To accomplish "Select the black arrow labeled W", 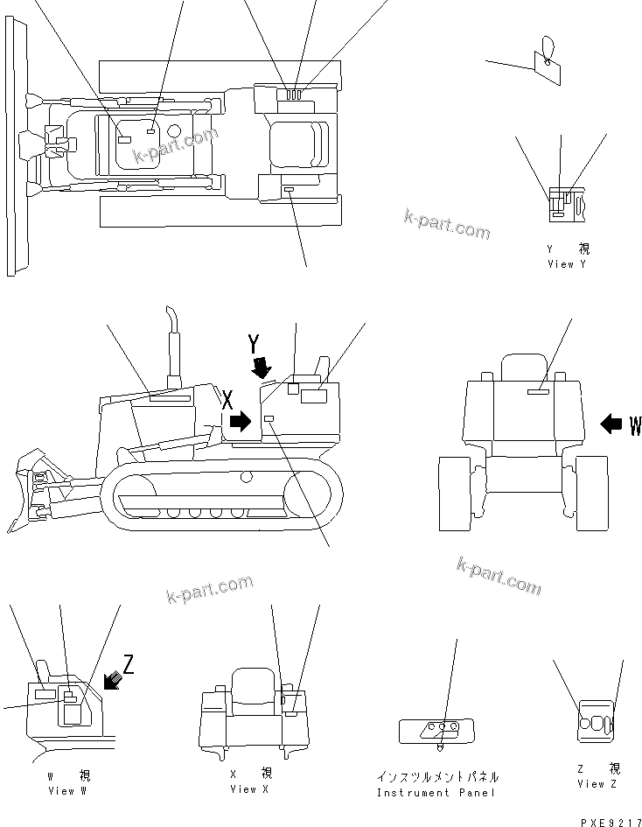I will point(613,425).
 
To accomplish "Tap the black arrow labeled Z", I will point(112,678).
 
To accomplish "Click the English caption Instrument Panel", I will point(436,793).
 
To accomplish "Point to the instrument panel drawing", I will point(436,729).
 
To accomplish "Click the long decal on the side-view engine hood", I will point(170,398).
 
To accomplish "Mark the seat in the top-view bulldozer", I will point(297,141).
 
